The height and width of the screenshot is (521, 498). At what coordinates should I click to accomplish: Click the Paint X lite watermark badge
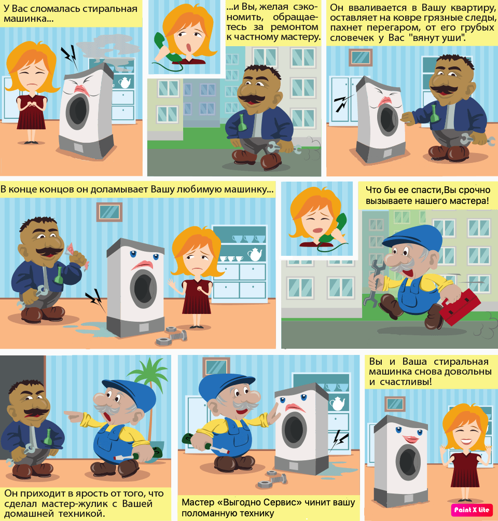pyautogui.click(x=472, y=510)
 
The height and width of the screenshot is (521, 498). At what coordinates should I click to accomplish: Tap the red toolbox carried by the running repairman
pyautogui.click(x=461, y=307)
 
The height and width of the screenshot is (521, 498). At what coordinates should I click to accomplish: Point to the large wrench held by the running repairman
pyautogui.click(x=374, y=282)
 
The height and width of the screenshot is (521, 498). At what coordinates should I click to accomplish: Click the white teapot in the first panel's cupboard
pyautogui.click(x=125, y=83)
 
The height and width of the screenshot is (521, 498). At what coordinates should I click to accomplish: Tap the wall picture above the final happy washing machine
pyautogui.click(x=395, y=404)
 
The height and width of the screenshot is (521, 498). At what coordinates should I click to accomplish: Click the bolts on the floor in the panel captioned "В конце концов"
pyautogui.click(x=172, y=335)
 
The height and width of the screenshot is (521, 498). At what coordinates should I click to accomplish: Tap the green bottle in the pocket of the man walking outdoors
pyautogui.click(x=242, y=122)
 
